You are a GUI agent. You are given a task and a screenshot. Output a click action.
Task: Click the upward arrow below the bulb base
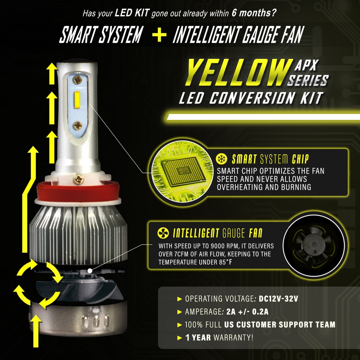(x=36, y=330)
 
